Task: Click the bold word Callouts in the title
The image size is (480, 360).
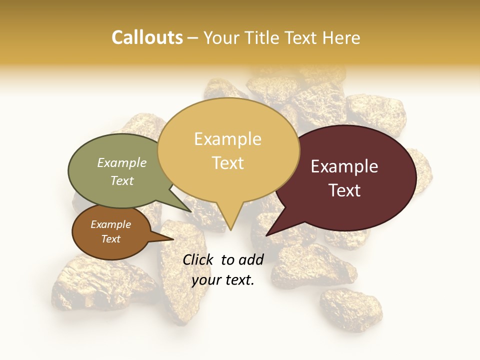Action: [147, 37]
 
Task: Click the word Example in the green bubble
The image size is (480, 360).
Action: [121, 162]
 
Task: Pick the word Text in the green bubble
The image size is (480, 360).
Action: [121, 180]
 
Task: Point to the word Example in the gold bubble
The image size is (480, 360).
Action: [227, 139]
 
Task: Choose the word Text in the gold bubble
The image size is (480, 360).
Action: [228, 163]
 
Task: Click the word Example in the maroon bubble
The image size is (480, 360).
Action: [344, 166]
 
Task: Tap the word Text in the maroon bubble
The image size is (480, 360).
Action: [345, 190]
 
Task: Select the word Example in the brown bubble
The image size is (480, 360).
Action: [110, 224]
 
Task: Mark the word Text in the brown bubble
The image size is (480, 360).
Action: [110, 239]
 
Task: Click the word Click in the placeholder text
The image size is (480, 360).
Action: [198, 259]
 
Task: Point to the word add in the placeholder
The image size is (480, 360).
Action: [251, 259]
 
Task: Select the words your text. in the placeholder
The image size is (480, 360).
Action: [223, 280]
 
